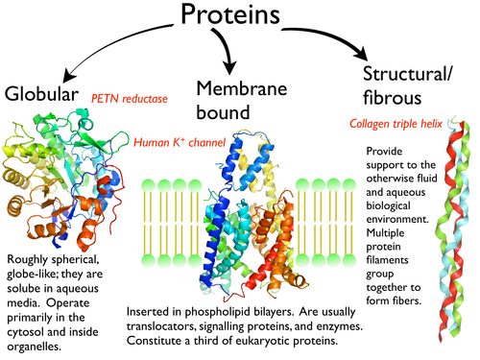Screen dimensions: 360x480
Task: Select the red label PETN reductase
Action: coord(130,98)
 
